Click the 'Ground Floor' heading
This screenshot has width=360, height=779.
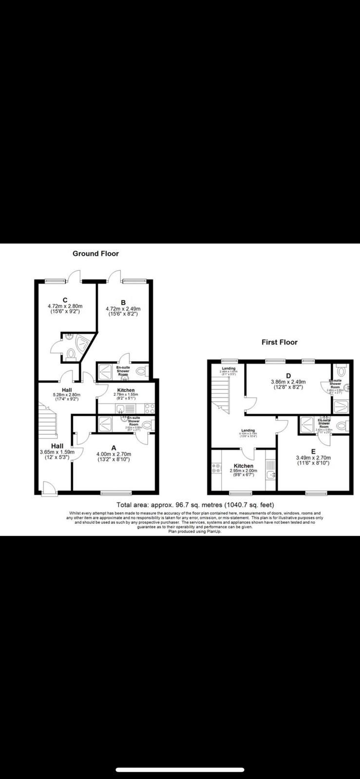tap(95, 254)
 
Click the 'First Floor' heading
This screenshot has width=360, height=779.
tap(279, 342)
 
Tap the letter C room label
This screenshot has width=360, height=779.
tap(65, 300)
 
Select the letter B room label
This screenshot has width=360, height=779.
tap(123, 302)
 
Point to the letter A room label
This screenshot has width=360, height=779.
tap(114, 447)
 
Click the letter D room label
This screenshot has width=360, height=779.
tap(288, 375)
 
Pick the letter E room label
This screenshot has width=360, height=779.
tap(313, 451)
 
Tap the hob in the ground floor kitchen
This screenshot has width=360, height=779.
tap(150, 408)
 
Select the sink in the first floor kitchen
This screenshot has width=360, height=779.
tap(271, 474)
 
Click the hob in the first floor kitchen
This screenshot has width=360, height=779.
tap(215, 468)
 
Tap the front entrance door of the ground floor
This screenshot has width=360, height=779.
tap(49, 488)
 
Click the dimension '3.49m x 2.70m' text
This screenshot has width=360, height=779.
tap(313, 458)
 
